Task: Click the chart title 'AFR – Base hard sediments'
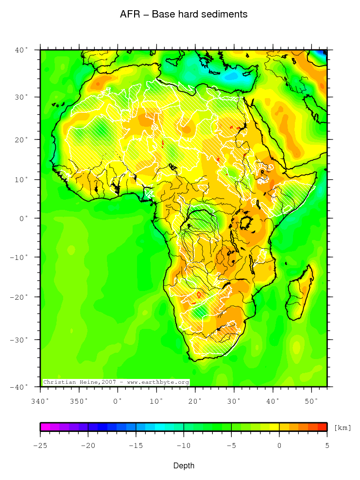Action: tap(184, 15)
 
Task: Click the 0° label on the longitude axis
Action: tap(118, 401)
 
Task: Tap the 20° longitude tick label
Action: tap(195, 401)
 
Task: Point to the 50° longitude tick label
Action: tap(311, 401)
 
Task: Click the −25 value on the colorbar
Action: tap(40, 445)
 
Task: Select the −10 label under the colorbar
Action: tap(183, 445)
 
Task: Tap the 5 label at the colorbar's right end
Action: tap(326, 445)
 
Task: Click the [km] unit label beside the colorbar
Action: tap(343, 428)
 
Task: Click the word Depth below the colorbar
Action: tap(184, 466)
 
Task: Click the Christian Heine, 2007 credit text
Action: tap(116, 382)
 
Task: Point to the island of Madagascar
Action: tap(300, 291)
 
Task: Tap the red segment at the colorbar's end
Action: tap(322, 427)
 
